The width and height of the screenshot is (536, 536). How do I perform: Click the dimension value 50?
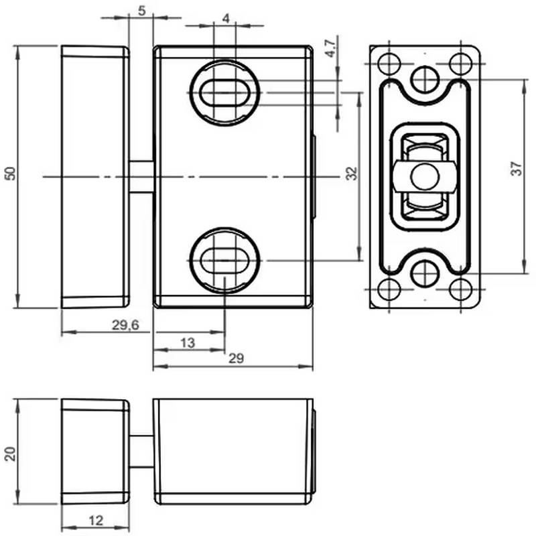coord(10,172)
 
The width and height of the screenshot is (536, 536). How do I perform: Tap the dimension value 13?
coord(188,343)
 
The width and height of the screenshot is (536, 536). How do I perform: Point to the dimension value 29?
coord(235,359)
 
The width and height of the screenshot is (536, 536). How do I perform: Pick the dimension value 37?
coord(515,169)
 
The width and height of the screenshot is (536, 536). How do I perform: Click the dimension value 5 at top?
coord(141,10)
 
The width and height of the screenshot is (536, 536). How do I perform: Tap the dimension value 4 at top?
coord(225,19)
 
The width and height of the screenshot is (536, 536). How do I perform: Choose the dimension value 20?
coord(10,454)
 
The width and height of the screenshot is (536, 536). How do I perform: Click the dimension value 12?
coord(96,520)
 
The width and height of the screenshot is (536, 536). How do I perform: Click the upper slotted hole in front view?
coord(224,92)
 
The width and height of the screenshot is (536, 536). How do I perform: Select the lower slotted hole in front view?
coord(224,259)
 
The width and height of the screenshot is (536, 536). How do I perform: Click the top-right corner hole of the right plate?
coord(460,64)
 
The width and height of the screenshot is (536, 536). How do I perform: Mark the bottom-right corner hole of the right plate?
coord(460,289)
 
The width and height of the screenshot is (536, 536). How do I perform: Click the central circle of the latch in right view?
coord(423,177)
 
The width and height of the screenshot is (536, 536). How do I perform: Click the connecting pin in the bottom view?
coord(141,451)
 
